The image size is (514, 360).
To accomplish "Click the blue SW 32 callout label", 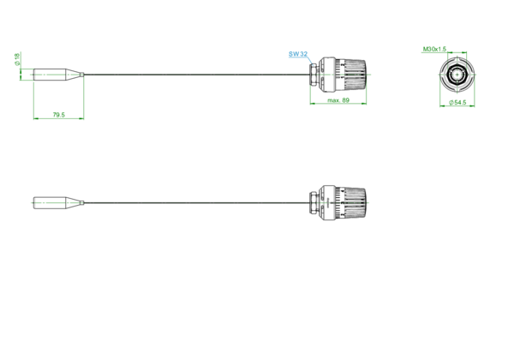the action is [298, 54].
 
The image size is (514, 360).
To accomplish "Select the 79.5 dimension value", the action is [58, 115].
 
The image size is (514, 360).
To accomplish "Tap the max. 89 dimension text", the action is [338, 100].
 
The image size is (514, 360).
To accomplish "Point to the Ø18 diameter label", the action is [17, 58].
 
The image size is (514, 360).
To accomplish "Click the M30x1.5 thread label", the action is [434, 49].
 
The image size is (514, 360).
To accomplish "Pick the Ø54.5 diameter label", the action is [457, 102].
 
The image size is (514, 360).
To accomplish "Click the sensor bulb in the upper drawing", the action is [58, 75].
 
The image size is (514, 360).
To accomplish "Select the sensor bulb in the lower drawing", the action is [58, 202].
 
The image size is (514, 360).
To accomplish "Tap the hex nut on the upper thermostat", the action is [314, 75].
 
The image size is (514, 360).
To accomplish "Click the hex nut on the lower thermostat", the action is [314, 202].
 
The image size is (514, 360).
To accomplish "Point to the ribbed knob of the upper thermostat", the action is [355, 75].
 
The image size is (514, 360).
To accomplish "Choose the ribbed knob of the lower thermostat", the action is [355, 203].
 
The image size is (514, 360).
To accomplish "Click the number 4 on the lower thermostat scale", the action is [342, 191].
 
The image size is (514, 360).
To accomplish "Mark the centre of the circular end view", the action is [457, 75].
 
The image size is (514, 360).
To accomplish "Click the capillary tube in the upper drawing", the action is [197, 75].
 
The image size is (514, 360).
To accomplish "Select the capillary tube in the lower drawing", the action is [197, 202].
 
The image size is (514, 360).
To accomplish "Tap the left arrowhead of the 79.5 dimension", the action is [36, 118].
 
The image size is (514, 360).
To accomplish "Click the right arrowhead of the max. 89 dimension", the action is [364, 104].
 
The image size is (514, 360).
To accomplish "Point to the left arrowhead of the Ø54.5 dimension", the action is [442, 106].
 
